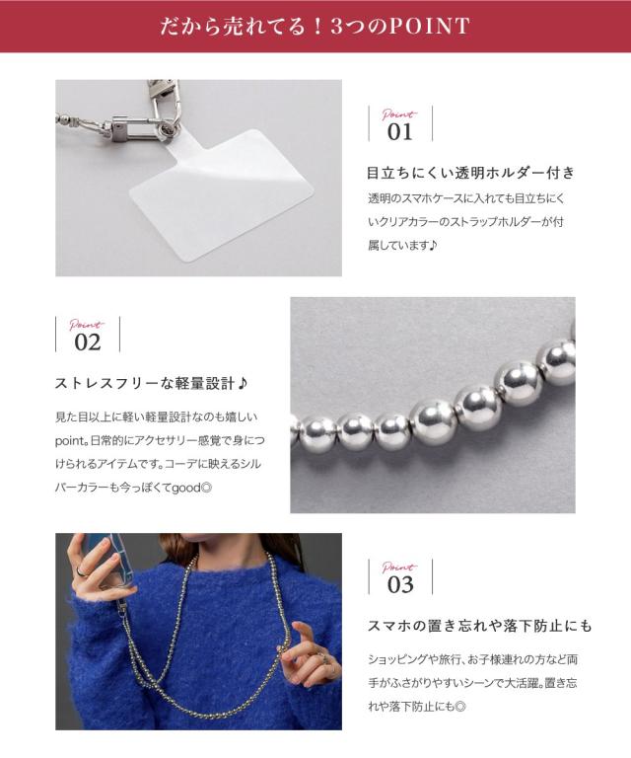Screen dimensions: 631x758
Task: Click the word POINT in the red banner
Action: [429, 26]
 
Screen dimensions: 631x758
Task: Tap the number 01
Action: [399, 132]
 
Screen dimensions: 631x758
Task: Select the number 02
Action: [88, 342]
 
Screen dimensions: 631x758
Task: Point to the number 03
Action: [400, 584]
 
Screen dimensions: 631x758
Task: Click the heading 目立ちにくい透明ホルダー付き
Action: [470, 173]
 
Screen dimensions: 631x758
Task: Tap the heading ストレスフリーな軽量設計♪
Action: [152, 383]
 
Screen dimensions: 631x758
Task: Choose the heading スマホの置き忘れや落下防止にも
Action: [480, 626]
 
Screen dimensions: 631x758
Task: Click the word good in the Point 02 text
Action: [186, 488]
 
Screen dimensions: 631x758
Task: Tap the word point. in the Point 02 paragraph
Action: [71, 440]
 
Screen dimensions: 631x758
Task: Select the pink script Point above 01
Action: [398, 114]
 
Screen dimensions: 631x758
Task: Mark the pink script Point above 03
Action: [398, 567]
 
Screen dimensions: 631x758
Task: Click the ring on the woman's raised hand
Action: [81, 571]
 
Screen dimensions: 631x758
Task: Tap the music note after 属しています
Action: [432, 245]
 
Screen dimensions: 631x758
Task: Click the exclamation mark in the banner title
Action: [317, 26]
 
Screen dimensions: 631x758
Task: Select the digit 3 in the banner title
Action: [336, 26]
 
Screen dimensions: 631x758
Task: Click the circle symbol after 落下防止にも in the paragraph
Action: [460, 707]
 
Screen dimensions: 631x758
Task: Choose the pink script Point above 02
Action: [87, 325]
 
